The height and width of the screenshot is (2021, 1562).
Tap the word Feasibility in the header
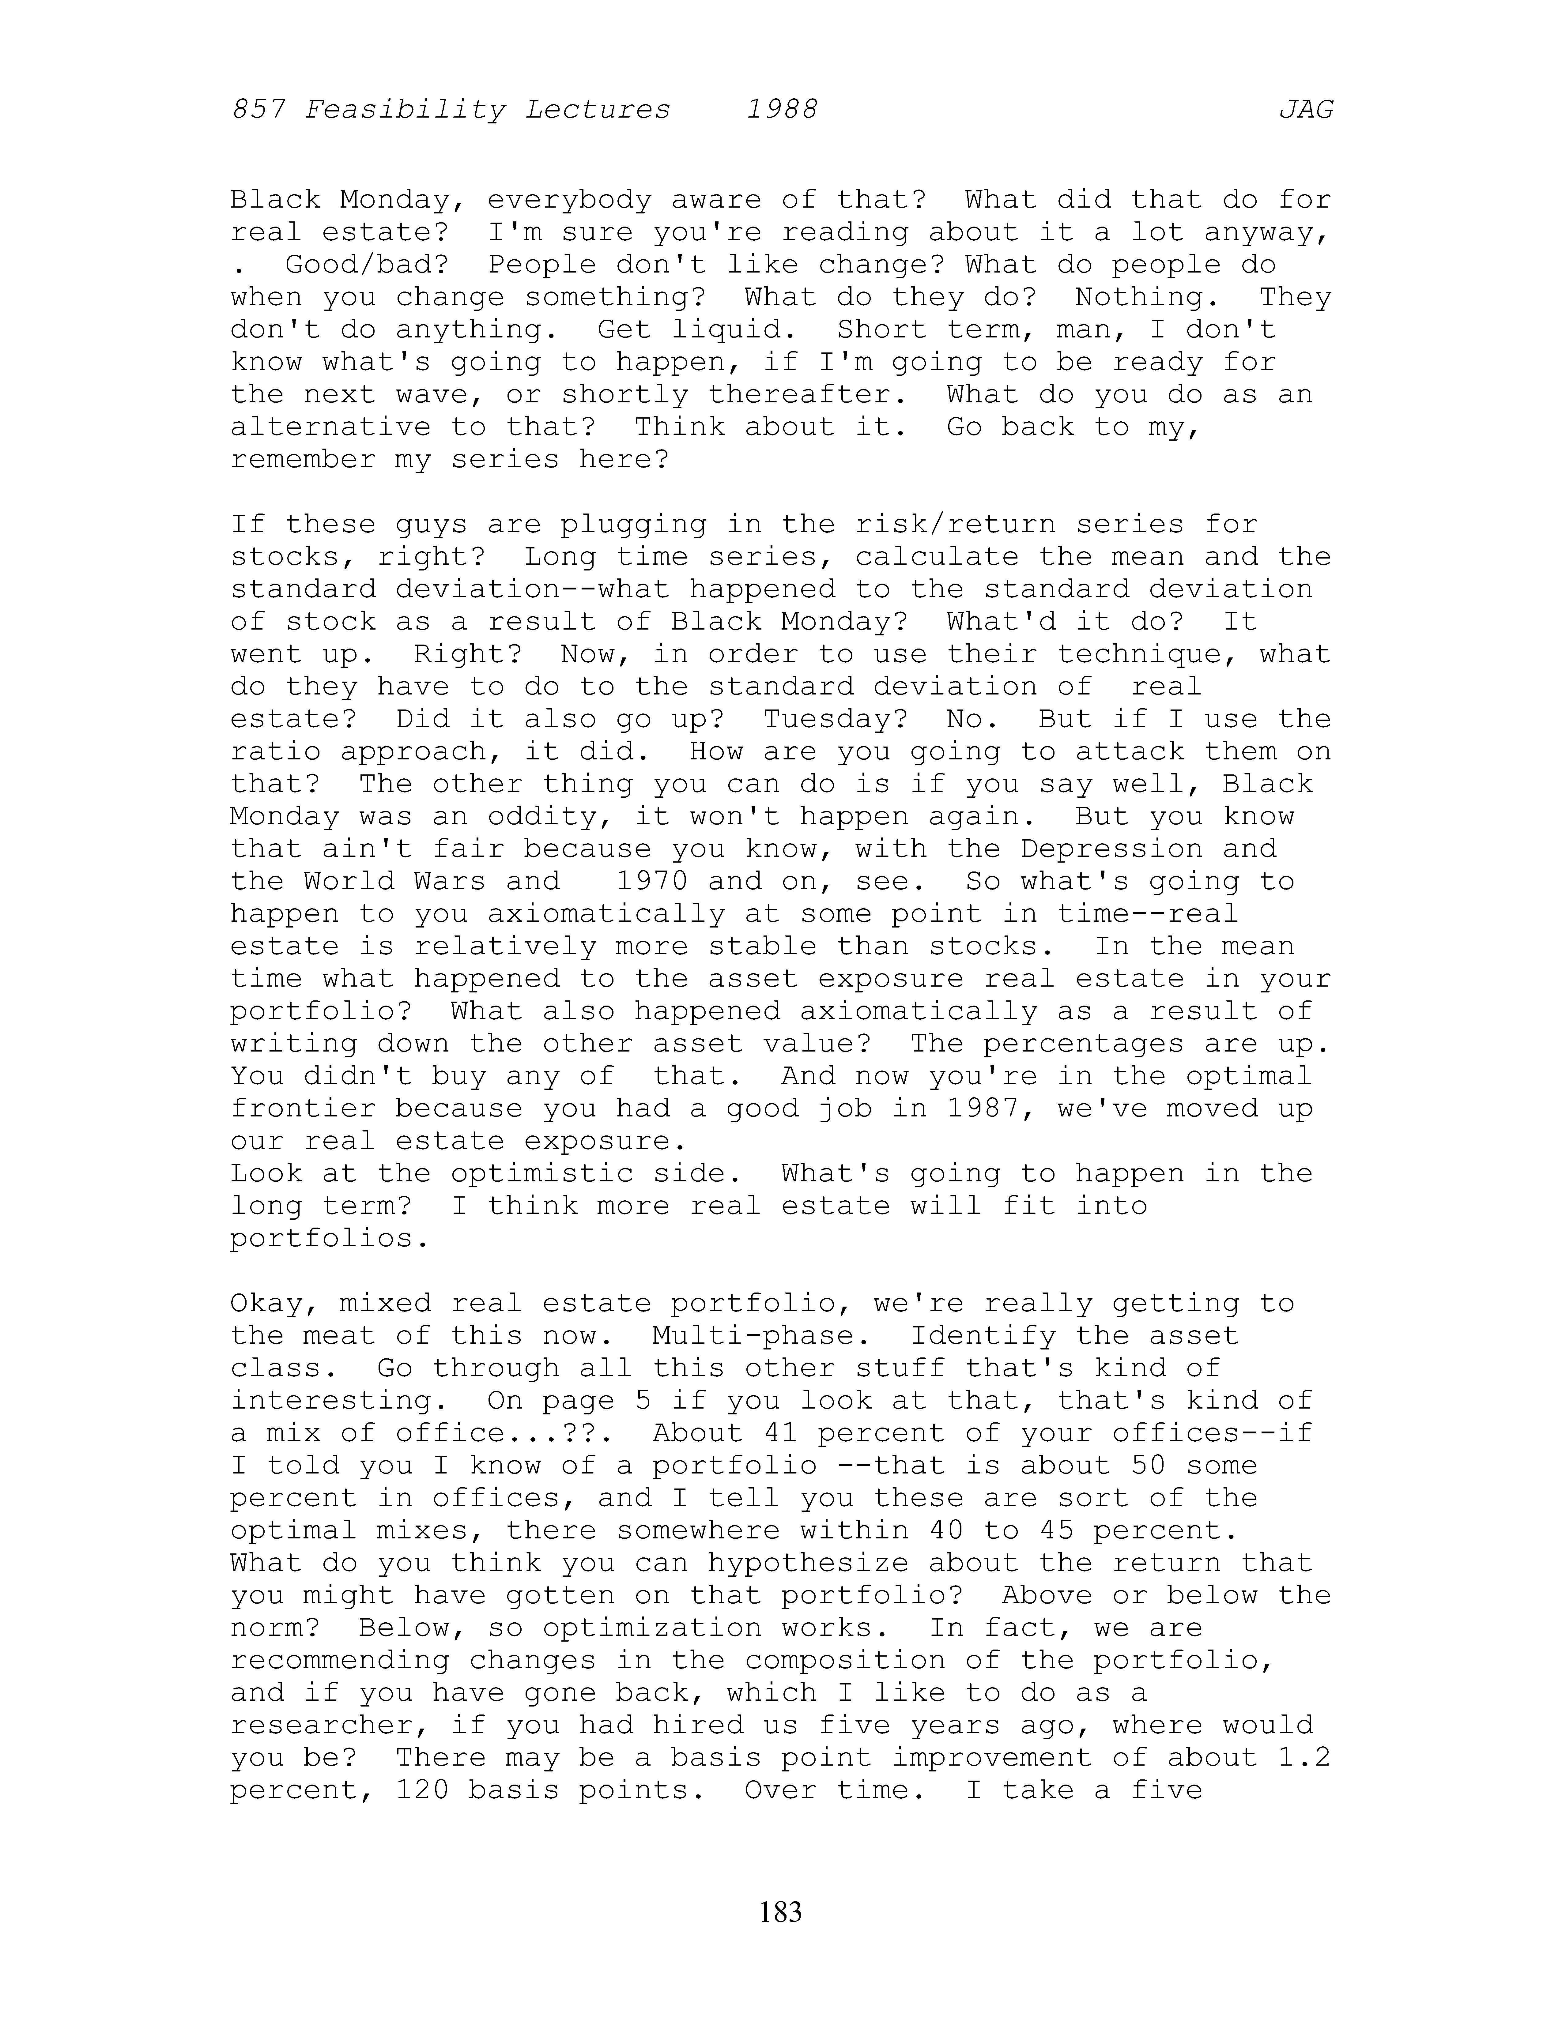tap(405, 110)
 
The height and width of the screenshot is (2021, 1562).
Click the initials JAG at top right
tap(1306, 110)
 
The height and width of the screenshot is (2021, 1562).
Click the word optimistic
tap(542, 1173)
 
